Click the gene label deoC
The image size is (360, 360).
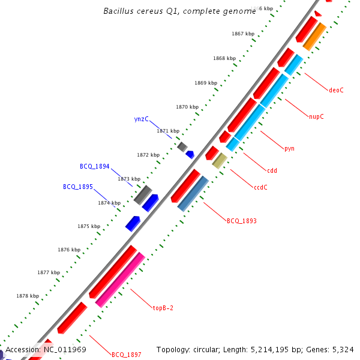click(336, 90)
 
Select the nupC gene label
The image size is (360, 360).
click(316, 116)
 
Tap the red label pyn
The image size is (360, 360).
click(289, 148)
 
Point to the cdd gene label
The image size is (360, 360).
click(271, 170)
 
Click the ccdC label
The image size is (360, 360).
click(260, 187)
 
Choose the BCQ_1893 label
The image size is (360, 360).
click(241, 221)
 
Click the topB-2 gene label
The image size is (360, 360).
click(163, 308)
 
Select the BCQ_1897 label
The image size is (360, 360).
click(126, 355)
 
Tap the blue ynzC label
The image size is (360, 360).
click(141, 119)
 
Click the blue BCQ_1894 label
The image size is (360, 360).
click(95, 166)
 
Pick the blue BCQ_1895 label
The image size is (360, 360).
click(78, 187)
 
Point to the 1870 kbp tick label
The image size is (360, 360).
click(187, 107)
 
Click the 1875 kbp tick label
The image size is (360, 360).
click(88, 226)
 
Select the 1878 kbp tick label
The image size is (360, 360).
click(28, 296)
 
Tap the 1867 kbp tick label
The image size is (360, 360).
click(242, 34)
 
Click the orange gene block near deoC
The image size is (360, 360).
click(314, 37)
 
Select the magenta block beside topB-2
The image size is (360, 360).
click(120, 280)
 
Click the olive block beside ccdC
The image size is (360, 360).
click(220, 160)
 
